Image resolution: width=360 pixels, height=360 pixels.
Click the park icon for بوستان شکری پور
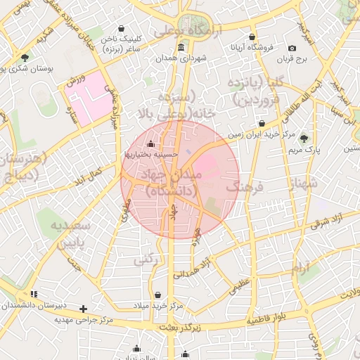tap(25, 58)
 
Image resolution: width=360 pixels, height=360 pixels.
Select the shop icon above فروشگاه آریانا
tap(252, 37)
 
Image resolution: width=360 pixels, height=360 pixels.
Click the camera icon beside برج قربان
tap(292, 48)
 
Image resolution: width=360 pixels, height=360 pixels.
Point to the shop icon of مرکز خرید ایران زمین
tap(262, 123)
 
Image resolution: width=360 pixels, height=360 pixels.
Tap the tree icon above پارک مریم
tap(304, 139)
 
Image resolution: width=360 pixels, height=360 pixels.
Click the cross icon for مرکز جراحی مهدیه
tap(84, 309)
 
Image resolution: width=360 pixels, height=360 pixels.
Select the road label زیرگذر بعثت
tap(179, 328)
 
